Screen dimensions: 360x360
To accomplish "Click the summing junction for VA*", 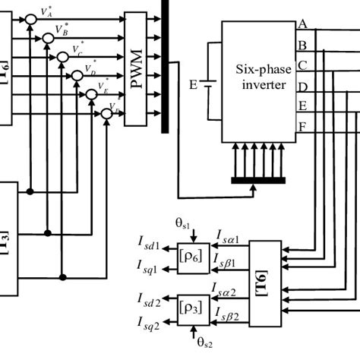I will pos(30,17).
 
